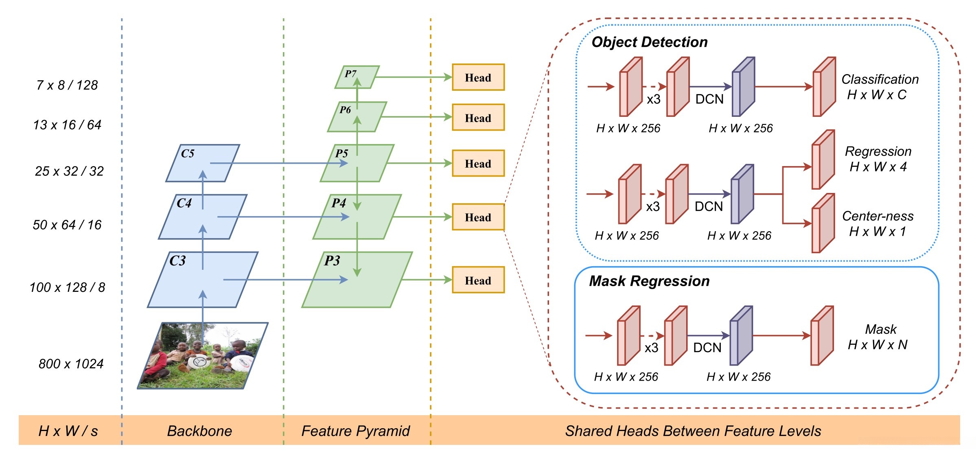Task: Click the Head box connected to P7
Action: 478,77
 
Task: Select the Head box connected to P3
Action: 478,280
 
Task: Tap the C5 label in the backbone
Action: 188,153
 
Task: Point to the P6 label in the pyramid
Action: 345,109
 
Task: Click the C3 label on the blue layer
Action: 177,261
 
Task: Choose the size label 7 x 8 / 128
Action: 67,85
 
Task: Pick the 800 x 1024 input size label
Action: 71,363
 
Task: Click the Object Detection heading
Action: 649,42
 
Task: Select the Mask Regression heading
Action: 649,281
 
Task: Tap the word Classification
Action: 880,79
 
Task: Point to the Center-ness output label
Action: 878,216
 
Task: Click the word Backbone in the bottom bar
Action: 199,431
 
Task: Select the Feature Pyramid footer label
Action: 355,431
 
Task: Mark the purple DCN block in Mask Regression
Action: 741,336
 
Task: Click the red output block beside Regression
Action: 823,160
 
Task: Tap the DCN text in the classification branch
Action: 709,99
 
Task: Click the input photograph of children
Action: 203,355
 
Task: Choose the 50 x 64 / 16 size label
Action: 67,225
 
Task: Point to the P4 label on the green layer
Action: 339,203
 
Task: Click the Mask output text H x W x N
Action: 878,345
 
